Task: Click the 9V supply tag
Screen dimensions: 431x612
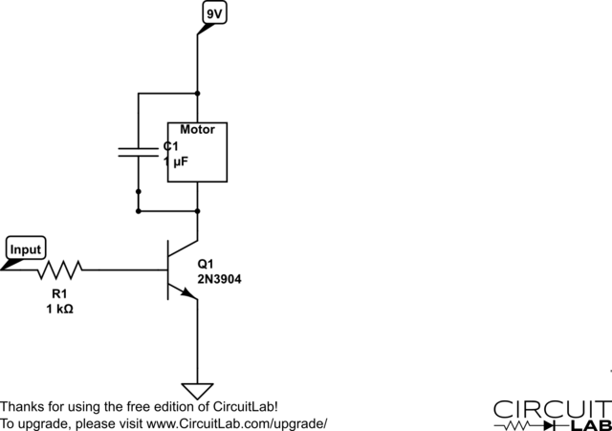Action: coord(215,13)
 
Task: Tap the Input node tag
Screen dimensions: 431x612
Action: coord(26,250)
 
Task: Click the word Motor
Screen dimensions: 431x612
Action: coord(197,129)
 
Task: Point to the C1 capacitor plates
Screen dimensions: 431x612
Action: coord(138,151)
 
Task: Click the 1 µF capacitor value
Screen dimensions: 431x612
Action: coord(176,162)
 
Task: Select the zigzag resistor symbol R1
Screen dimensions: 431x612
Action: coord(59,269)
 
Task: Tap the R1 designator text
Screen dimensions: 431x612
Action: coord(59,293)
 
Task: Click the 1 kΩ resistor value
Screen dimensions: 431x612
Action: coord(59,310)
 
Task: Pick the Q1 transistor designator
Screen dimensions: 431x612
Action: coord(206,264)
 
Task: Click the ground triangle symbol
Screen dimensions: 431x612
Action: coord(197,390)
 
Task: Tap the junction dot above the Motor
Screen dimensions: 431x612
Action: coord(197,94)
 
